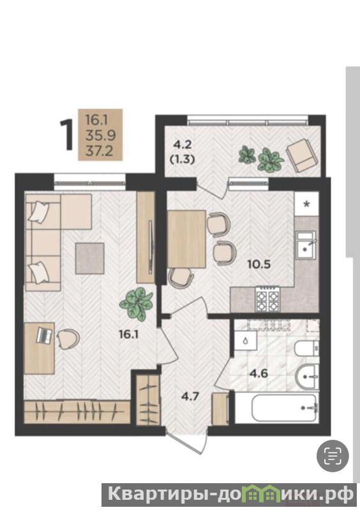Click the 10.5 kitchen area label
click(259, 264)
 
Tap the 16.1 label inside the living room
click(129, 334)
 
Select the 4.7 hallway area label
click(190, 396)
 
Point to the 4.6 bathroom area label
click(259, 373)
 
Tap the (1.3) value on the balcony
click(182, 160)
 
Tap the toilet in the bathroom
click(306, 349)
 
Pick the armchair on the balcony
click(301, 155)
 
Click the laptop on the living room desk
click(45, 335)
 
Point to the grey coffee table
click(90, 259)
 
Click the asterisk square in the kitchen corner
click(306, 204)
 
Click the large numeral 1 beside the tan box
click(67, 135)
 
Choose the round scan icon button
click(333, 456)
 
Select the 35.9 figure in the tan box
click(100, 135)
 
